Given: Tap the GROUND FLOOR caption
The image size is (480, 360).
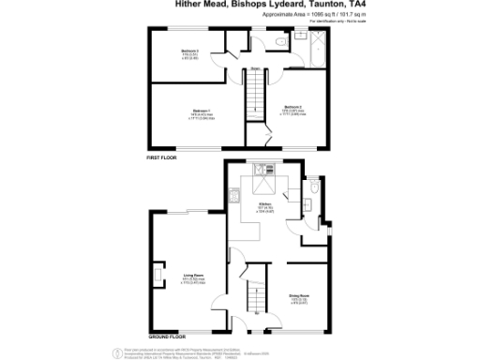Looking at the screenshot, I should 167,336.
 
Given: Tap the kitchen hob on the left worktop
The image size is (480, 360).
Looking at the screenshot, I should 232,197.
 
